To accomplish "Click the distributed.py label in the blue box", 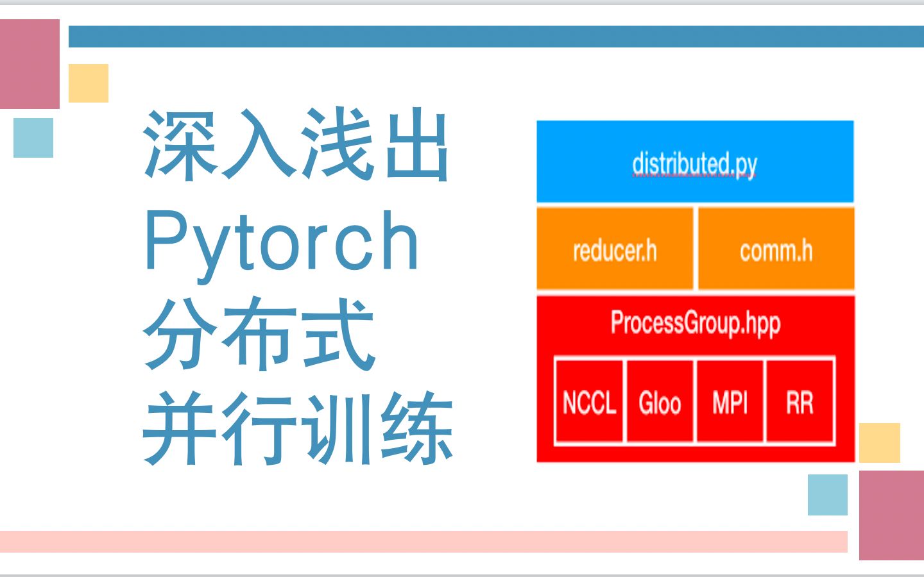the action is pyautogui.click(x=695, y=165).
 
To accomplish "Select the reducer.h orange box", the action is pyautogui.click(x=615, y=249).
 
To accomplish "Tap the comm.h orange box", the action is pyautogui.click(x=776, y=249).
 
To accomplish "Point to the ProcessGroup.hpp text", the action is pyautogui.click(x=696, y=324).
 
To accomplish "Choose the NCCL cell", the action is pyautogui.click(x=589, y=401).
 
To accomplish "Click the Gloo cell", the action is pyautogui.click(x=660, y=401).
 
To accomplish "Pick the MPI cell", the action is pyautogui.click(x=730, y=401).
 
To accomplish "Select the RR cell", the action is pyautogui.click(x=800, y=401).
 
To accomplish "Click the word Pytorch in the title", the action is pyautogui.click(x=282, y=246).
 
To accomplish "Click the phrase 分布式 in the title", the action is pyautogui.click(x=259, y=334).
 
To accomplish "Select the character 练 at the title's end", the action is pyautogui.click(x=416, y=428).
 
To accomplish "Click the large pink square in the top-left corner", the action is pyautogui.click(x=30, y=64).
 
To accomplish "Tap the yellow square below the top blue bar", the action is pyautogui.click(x=89, y=83).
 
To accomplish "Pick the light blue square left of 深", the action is pyautogui.click(x=33, y=138).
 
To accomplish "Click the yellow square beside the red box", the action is pyautogui.click(x=880, y=442).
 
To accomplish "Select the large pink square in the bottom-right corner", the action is pyautogui.click(x=891, y=515).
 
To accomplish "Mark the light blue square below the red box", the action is pyautogui.click(x=828, y=494).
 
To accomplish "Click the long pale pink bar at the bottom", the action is pyautogui.click(x=424, y=542).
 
